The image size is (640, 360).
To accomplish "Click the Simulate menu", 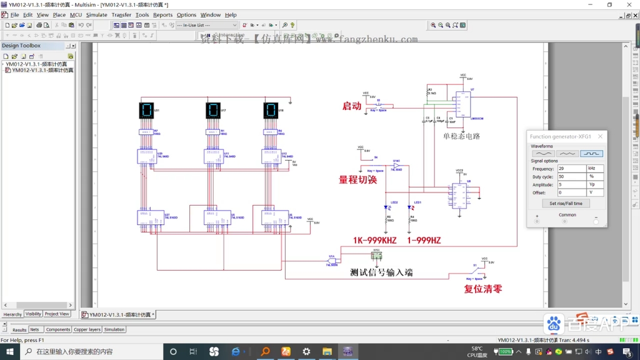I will [96, 15].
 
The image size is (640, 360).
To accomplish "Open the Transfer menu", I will [121, 15].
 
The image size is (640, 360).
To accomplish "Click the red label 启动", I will [352, 106].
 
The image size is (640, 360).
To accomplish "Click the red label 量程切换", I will [358, 180].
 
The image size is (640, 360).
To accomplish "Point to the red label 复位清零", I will [483, 289].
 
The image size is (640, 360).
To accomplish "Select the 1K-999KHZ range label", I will [375, 241].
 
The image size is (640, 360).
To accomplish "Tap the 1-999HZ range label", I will [424, 241].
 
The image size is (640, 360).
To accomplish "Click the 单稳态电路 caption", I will [461, 136].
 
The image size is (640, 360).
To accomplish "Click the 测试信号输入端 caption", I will [381, 272].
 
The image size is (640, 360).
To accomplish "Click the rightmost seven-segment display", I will [270, 111].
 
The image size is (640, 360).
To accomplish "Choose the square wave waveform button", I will [591, 153].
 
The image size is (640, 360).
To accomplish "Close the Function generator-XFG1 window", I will [601, 136].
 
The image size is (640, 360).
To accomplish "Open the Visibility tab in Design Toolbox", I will [33, 314].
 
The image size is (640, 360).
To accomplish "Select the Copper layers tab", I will [86, 329].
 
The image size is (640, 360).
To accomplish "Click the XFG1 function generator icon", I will [376, 255].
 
